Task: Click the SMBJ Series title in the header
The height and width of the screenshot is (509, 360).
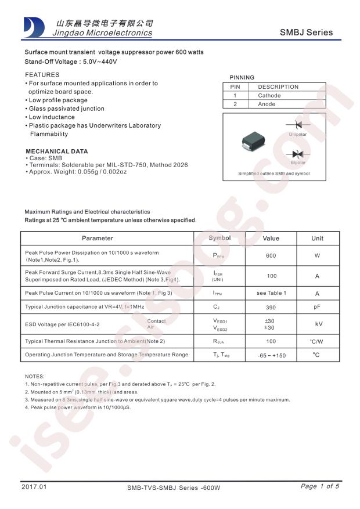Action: tap(307, 33)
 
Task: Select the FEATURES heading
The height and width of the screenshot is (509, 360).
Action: tap(42, 75)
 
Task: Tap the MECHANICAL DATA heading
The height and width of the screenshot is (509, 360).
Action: tap(56, 151)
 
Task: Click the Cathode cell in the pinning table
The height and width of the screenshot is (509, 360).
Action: tap(269, 95)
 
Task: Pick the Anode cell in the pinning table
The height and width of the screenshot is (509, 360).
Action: tap(267, 104)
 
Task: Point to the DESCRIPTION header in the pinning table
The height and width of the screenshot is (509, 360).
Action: tap(278, 86)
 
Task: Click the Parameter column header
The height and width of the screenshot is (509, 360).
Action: tap(98, 238)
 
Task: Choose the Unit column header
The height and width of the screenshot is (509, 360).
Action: tap(317, 238)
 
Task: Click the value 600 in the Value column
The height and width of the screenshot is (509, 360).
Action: tap(271, 255)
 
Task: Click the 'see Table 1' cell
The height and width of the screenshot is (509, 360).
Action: tap(271, 293)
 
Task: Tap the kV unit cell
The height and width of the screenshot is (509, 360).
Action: tap(318, 324)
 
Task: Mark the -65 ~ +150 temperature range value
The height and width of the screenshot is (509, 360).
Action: tap(271, 355)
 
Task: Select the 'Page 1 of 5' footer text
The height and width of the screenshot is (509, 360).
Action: tap(319, 486)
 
